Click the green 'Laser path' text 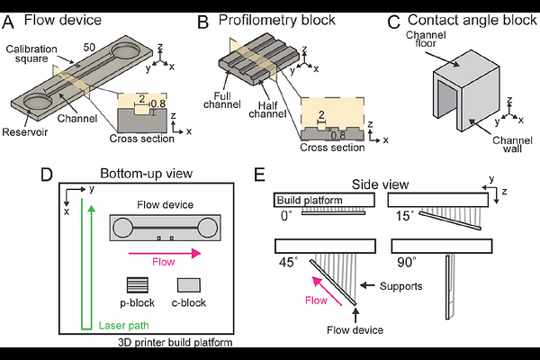pyautogui.click(x=121, y=325)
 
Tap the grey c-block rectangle pyautogui.click(x=190, y=285)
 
